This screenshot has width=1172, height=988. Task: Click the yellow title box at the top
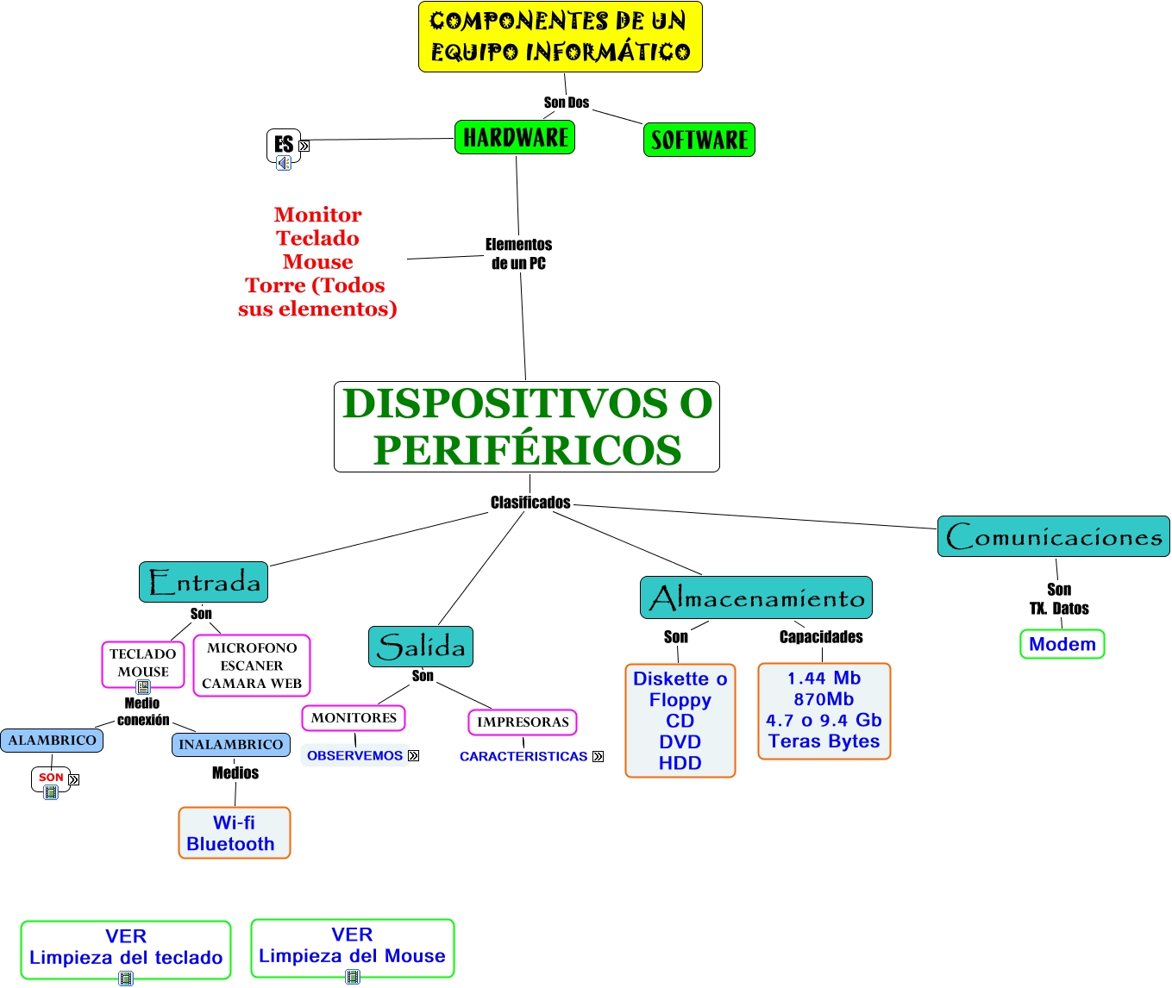tap(560, 37)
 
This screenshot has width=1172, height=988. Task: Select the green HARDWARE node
tap(515, 137)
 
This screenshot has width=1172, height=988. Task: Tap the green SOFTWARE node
tap(699, 140)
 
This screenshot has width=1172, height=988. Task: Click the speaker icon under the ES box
tap(284, 162)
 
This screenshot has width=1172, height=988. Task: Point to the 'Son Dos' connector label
tap(566, 103)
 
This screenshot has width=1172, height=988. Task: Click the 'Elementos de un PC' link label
tap(518, 253)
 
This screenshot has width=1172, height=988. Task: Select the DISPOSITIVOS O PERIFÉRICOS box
tap(526, 427)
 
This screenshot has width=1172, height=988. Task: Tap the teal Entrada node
tap(204, 582)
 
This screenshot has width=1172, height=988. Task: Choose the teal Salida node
tap(421, 647)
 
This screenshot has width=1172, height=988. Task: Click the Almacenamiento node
tap(755, 597)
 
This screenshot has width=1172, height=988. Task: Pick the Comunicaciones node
tap(1053, 536)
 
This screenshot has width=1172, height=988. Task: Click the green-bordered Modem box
tap(1062, 644)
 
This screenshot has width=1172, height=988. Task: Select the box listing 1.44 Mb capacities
tap(824, 710)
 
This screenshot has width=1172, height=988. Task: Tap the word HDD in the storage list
tap(680, 763)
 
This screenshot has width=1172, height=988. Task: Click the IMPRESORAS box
tap(523, 722)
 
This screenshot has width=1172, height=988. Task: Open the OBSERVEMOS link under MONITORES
tap(354, 755)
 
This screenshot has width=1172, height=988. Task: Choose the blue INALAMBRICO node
tap(230, 744)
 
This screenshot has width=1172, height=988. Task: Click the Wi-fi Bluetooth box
tap(234, 833)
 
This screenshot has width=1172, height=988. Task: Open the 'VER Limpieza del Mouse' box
tap(352, 946)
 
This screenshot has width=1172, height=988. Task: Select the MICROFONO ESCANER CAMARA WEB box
tap(251, 666)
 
